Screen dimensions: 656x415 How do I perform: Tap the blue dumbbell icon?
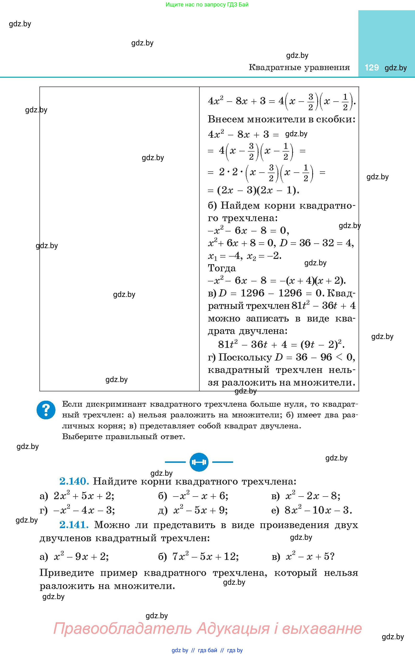click(199, 462)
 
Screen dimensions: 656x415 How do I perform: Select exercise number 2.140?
click(74, 481)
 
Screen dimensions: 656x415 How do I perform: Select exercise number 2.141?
click(74, 525)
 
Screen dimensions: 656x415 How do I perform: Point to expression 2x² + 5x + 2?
click(84, 496)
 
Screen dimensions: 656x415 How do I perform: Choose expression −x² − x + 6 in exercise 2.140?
click(200, 496)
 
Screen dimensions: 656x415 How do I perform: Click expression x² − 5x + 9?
click(200, 510)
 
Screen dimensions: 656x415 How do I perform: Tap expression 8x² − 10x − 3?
click(318, 510)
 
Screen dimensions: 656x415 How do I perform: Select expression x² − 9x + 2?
click(81, 556)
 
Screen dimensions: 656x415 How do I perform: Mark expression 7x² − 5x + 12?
click(205, 556)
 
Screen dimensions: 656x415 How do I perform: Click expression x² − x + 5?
click(310, 556)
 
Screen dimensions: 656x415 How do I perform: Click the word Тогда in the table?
click(222, 268)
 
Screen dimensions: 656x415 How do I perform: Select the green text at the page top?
click(207, 5)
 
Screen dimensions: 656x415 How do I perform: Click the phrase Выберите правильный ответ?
click(123, 437)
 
